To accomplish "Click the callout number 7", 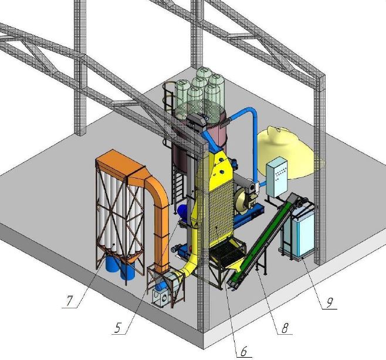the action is [69, 301].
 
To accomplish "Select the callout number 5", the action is [118, 328].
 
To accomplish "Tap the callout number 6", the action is [243, 351].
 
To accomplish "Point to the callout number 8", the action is [285, 328].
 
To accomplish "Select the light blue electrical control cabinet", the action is [277, 178].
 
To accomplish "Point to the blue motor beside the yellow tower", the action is [182, 211].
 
